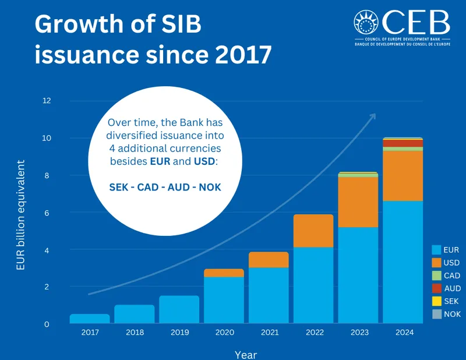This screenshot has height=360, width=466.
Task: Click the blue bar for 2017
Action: pos(90,319)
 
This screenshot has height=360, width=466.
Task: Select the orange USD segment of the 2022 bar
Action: pos(313,231)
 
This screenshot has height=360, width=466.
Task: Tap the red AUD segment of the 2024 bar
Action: pos(403,143)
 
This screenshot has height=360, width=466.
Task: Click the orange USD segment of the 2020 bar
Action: pos(224,273)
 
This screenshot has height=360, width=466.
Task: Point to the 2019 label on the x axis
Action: pos(179,333)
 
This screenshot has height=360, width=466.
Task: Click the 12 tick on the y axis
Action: pos(47,101)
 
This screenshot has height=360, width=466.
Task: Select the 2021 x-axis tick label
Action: pos(269,333)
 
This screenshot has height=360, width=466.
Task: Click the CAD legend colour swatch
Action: pos(436,276)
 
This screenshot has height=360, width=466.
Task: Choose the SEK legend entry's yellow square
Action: pos(436,301)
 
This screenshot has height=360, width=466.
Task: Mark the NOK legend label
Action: pos(452,314)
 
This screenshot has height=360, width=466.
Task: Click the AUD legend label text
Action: pos(452,288)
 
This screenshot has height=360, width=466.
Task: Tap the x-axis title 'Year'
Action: pos(246,354)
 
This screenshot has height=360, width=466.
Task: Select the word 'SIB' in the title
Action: pos(180,25)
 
